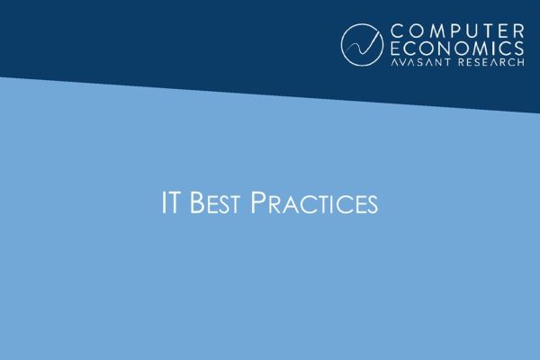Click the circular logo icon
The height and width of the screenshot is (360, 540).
tap(364, 44)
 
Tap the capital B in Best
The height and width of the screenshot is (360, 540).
tap(195, 203)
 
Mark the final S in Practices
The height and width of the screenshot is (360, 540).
tap(372, 204)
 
